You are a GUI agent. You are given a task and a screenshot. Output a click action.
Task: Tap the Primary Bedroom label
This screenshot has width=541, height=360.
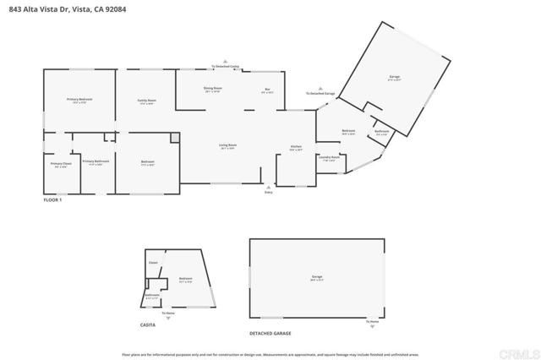click(x=79, y=101)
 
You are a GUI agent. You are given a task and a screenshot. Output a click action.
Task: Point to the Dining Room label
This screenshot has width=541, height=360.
click(x=212, y=89)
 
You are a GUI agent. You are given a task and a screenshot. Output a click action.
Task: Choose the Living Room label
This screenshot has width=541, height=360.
click(x=227, y=147)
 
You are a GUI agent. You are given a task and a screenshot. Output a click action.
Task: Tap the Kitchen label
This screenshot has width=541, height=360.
click(x=296, y=148)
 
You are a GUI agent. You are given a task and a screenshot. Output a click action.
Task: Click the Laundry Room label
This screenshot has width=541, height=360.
click(x=329, y=158)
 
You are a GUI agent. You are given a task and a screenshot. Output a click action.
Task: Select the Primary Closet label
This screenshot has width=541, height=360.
click(x=61, y=165)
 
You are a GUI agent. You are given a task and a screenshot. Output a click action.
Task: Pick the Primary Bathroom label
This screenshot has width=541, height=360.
click(x=96, y=162)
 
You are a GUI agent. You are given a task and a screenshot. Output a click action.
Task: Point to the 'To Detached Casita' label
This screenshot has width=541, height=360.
click(x=225, y=65)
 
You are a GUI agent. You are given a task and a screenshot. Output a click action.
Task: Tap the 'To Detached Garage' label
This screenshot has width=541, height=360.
click(x=321, y=92)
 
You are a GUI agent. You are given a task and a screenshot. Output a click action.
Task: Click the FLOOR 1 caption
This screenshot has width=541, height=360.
click(x=52, y=199)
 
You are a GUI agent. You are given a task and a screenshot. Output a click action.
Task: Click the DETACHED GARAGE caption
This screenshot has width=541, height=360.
click(x=270, y=334)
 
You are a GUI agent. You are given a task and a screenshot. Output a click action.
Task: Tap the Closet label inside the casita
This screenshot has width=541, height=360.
click(x=154, y=263)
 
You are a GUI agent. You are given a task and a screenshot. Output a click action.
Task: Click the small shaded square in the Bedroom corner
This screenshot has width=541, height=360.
click(x=175, y=138)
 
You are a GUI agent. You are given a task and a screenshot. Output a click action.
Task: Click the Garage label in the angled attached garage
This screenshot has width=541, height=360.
click(x=394, y=78)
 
